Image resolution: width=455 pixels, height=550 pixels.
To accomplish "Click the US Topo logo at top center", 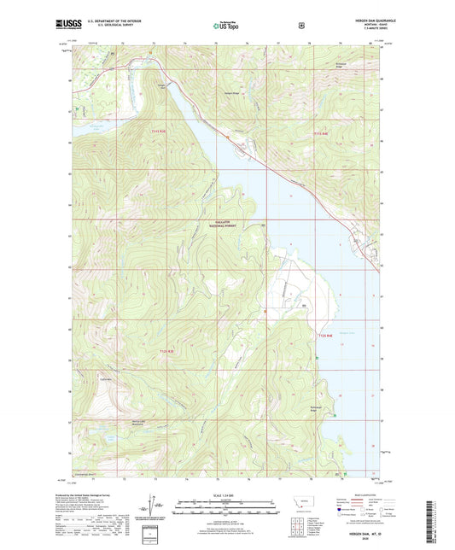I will (x=226, y=26).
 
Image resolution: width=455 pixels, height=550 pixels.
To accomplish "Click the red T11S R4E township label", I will (x=320, y=132).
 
